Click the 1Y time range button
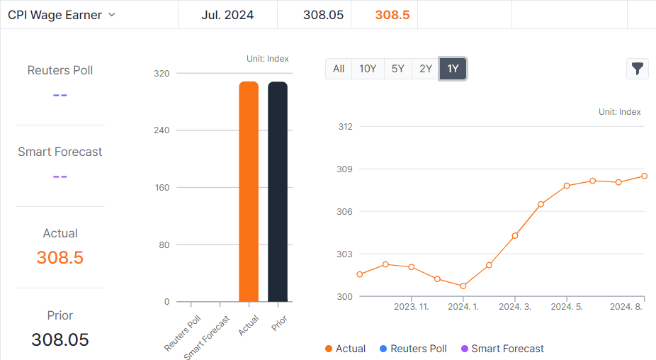click(453, 69)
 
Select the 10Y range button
click(368, 69)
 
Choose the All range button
click(339, 69)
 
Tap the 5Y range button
click(397, 69)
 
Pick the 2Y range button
click(425, 69)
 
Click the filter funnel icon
click(638, 69)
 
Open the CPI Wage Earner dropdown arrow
click(111, 15)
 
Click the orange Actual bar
click(249, 191)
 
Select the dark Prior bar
click(278, 191)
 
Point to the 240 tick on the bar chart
click(162, 130)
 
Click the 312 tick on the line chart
click(345, 127)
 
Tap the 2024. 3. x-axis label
click(515, 307)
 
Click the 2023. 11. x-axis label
click(412, 307)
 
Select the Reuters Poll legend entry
click(413, 349)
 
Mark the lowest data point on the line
click(463, 286)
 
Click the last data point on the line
click(645, 176)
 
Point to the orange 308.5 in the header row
click(392, 15)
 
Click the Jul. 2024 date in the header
click(227, 15)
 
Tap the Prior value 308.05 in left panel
click(60, 339)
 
